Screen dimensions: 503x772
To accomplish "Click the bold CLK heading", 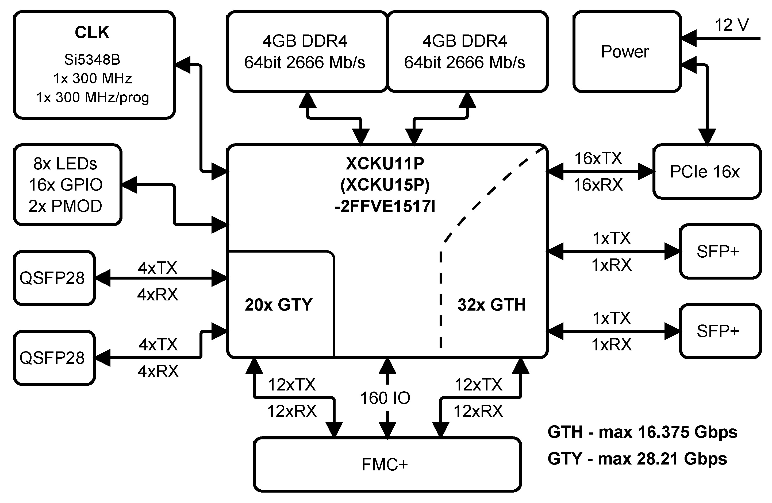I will click(x=92, y=32).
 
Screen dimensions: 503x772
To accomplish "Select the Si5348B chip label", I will click(x=92, y=60).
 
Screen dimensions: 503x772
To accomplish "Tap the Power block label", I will click(x=625, y=52).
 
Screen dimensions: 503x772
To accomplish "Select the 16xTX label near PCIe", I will click(x=598, y=158).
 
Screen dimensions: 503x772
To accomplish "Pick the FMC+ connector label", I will click(x=385, y=465).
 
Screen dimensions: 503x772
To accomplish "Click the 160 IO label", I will click(x=385, y=398).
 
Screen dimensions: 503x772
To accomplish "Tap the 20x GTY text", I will click(x=278, y=305).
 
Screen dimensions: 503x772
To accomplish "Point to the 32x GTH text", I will click(x=491, y=305).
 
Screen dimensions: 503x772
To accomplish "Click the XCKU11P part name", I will click(x=385, y=164).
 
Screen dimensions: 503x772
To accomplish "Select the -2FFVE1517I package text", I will click(x=385, y=206).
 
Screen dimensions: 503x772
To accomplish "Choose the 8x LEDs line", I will click(x=65, y=164).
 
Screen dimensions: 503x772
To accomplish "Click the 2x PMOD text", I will click(x=65, y=206).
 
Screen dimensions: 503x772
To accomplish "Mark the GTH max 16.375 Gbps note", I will click(x=642, y=432).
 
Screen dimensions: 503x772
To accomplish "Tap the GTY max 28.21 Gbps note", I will click(x=637, y=459).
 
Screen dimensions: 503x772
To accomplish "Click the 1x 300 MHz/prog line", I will click(x=93, y=98).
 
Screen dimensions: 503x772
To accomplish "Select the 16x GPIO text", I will click(x=66, y=185).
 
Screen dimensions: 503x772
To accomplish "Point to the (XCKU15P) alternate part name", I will click(x=385, y=185).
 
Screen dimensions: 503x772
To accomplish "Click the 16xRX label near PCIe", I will click(x=598, y=185).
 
